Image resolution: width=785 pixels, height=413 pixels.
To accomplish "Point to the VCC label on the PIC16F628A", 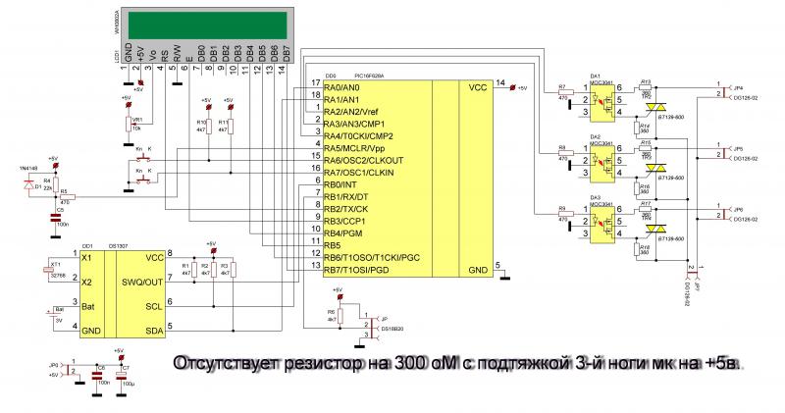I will (478, 88).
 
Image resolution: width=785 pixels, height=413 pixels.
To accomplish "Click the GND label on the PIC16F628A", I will (478, 269).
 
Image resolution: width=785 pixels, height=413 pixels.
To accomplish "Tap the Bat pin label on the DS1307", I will (89, 306).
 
